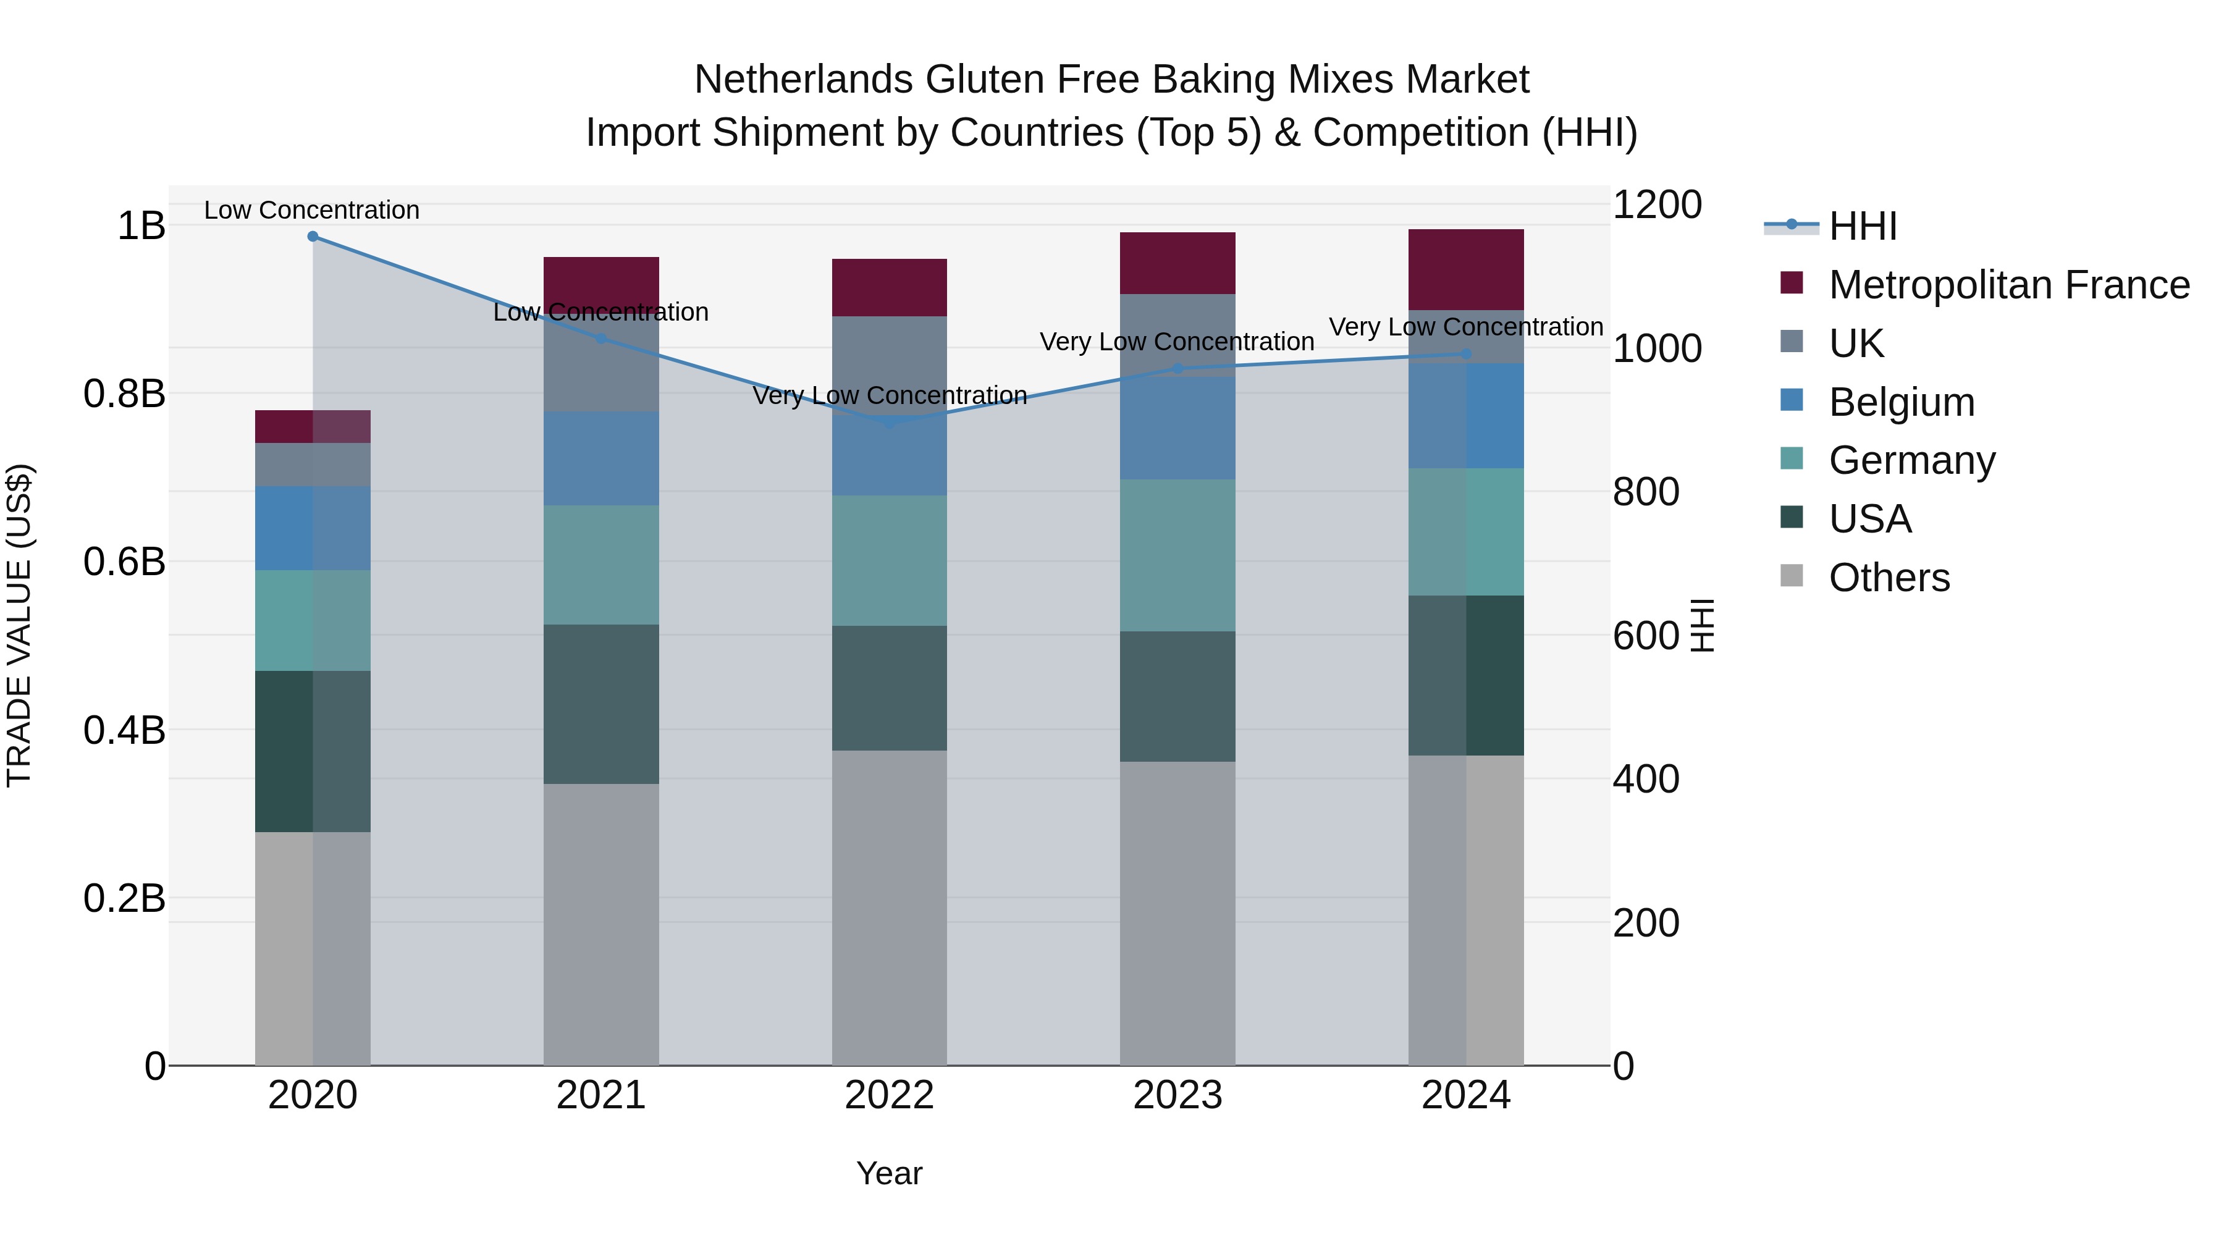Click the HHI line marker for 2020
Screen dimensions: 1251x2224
point(313,237)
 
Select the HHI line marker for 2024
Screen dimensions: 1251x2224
point(1465,354)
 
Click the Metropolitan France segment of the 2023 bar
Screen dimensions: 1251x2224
point(1177,263)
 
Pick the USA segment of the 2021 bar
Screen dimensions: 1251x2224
point(601,704)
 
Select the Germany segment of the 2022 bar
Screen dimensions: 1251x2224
point(889,560)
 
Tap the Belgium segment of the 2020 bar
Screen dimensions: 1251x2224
point(313,528)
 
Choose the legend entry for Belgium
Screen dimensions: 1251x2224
point(1900,402)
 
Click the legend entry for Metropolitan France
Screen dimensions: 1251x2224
point(2008,285)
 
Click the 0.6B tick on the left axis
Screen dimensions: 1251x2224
point(124,562)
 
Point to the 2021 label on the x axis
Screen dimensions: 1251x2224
point(601,1095)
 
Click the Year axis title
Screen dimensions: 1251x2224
point(889,1173)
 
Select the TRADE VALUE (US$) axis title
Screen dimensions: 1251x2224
point(19,625)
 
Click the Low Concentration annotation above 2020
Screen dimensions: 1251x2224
point(312,210)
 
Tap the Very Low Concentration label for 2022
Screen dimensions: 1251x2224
point(889,395)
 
